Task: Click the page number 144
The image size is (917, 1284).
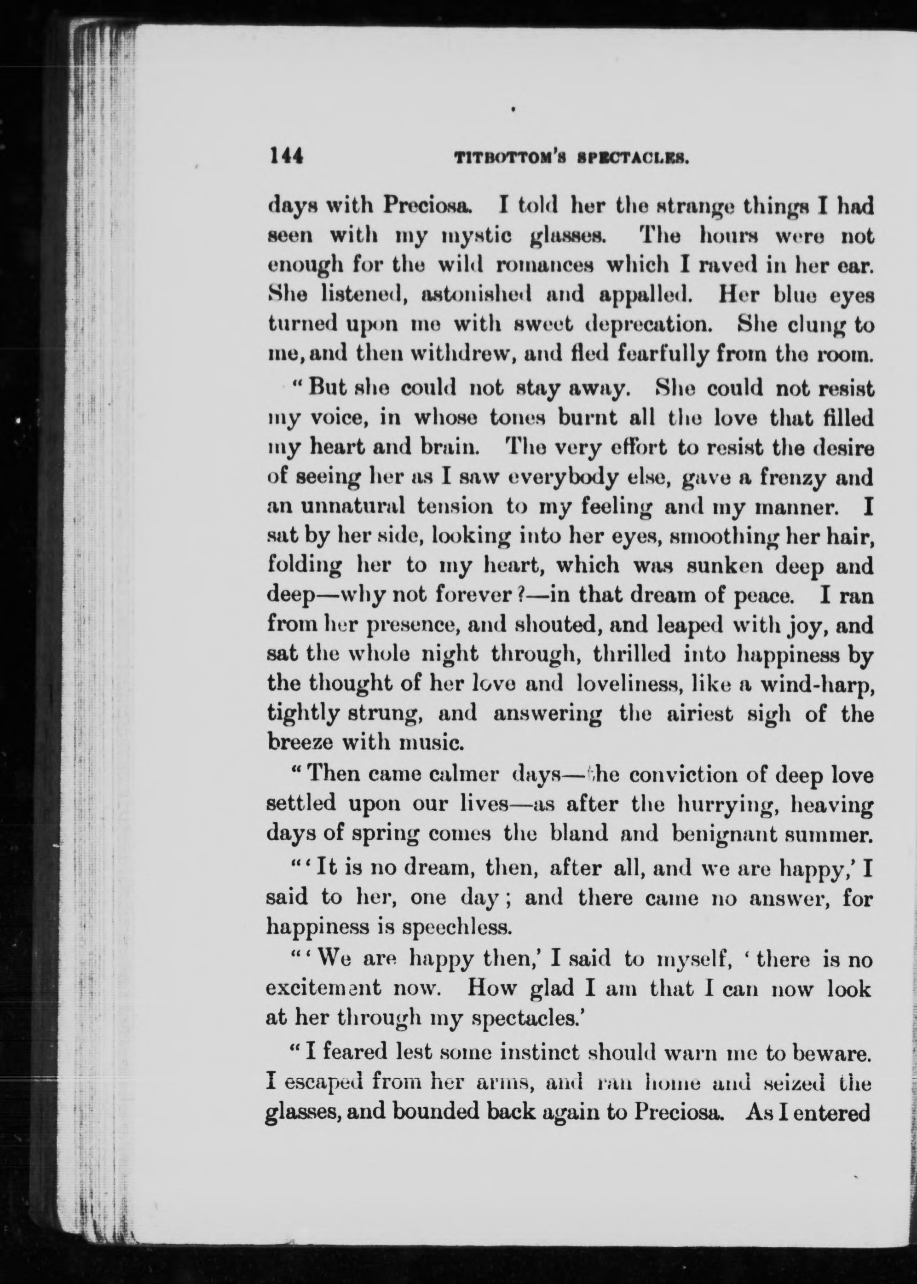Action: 287,155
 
